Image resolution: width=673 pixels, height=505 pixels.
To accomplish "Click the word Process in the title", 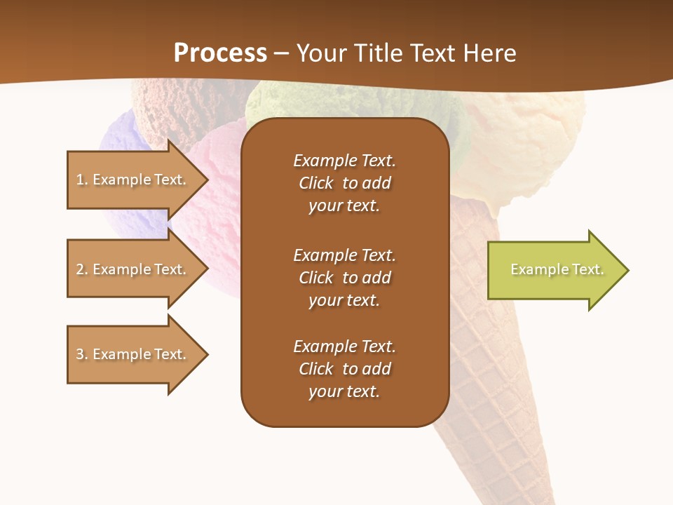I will [x=220, y=53].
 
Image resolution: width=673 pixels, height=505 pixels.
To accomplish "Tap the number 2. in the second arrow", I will [x=82, y=269].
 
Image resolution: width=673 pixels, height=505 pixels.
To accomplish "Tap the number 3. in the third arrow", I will [x=82, y=354].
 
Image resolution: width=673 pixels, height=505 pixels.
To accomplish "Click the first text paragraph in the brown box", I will [x=344, y=183].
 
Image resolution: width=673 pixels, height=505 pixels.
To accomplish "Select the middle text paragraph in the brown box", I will [x=344, y=278].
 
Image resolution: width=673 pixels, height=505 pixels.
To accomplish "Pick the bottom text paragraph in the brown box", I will [x=344, y=369].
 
